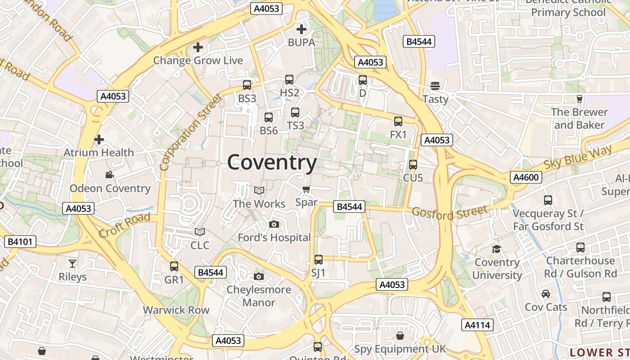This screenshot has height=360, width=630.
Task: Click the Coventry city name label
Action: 272,162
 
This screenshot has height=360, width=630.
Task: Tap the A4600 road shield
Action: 526,177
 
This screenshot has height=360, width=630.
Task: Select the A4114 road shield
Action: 477,325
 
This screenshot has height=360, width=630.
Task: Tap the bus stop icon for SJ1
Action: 319,260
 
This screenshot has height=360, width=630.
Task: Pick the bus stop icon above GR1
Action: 174,266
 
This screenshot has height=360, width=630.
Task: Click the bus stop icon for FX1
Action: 398,121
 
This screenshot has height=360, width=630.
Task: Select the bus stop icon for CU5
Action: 413,165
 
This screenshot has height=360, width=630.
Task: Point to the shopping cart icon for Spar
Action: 306,189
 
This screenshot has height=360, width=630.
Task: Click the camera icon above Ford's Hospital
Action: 274,224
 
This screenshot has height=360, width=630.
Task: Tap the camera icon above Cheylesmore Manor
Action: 258,276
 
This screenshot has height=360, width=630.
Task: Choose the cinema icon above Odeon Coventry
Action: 109,175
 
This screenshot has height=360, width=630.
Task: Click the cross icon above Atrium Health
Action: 99,139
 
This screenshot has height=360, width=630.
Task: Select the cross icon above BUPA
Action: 301,30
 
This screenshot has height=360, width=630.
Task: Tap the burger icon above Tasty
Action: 435,85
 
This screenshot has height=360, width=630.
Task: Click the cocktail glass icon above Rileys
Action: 72,263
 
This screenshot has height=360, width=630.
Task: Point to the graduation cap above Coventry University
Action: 497,249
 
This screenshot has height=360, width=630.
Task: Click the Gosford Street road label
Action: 450,212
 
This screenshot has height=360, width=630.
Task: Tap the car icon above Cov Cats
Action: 546,294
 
